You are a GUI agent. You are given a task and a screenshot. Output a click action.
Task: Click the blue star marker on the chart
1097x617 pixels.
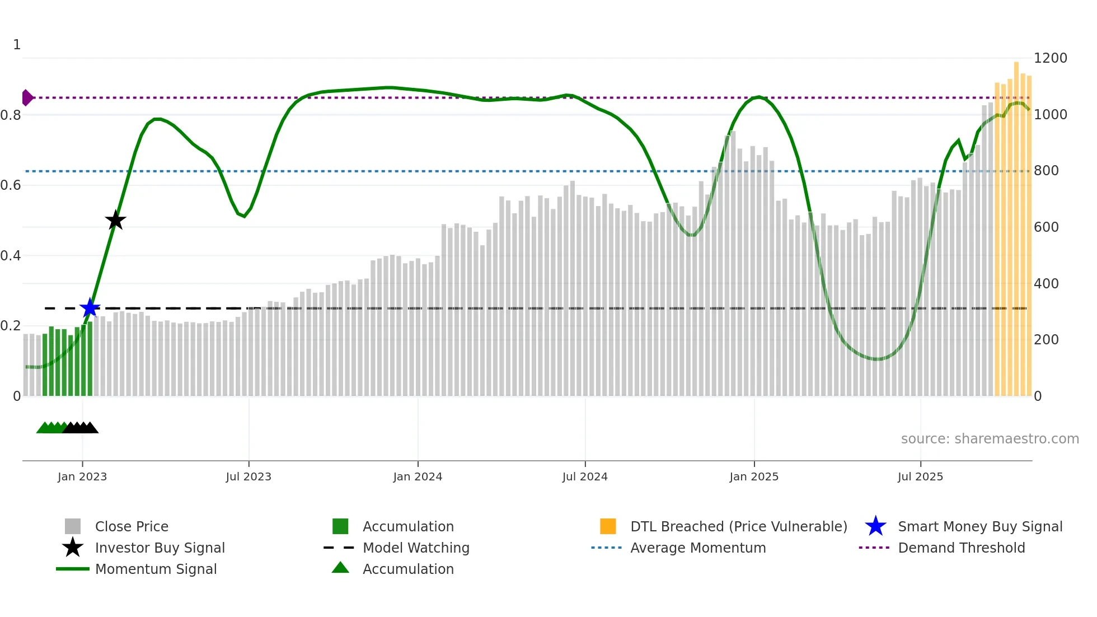[x=90, y=308]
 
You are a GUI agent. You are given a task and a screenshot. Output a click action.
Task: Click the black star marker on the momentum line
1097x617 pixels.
[x=115, y=221]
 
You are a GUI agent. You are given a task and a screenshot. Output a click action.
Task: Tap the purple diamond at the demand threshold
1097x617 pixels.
[x=27, y=97]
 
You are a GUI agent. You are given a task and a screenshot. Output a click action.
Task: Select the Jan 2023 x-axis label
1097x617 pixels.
[x=82, y=476]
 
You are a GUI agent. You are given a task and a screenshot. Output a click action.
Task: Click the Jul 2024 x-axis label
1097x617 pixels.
[x=585, y=476]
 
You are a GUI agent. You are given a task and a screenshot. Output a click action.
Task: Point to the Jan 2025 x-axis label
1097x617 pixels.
[x=754, y=476]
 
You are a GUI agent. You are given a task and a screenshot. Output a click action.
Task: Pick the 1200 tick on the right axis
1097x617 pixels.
[x=1050, y=58]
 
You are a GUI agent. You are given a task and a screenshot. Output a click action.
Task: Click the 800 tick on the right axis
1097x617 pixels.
[x=1046, y=171]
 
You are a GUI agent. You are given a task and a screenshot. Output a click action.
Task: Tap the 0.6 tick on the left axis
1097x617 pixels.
[x=11, y=185]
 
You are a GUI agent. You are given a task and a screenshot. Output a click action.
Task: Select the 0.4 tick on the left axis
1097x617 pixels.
[x=11, y=256]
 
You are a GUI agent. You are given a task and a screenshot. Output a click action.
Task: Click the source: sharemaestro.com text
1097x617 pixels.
[x=990, y=439]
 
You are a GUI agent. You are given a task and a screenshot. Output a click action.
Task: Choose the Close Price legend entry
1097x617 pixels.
[x=132, y=526]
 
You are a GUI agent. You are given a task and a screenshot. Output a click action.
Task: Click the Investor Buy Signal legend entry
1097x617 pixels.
[x=160, y=548]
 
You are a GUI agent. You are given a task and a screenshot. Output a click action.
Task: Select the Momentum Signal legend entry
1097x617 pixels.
[x=156, y=569]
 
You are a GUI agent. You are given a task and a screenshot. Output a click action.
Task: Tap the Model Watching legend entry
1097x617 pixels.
[x=416, y=548]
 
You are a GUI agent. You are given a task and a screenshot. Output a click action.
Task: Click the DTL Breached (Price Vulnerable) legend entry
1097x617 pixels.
[x=738, y=526]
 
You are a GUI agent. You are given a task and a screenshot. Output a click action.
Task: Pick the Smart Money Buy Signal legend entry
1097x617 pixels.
[x=980, y=526]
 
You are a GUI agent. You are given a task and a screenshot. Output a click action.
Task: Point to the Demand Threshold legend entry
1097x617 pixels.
[x=961, y=548]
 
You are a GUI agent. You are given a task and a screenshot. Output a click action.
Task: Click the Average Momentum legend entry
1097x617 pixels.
[x=698, y=548]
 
